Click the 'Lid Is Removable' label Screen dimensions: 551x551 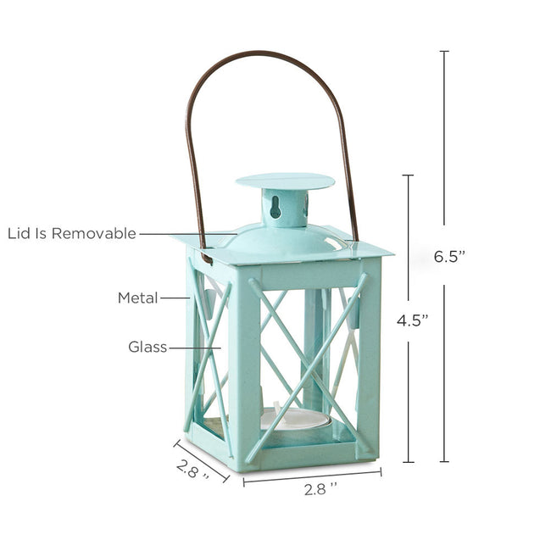[x=72, y=233]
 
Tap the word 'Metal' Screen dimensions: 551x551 [x=137, y=298]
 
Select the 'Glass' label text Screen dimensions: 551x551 [x=147, y=347]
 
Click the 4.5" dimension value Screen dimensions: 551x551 [x=412, y=320]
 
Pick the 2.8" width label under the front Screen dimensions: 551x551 [x=321, y=489]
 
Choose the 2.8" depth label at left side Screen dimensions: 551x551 [x=193, y=468]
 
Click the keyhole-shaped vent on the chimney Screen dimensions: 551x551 [x=275, y=206]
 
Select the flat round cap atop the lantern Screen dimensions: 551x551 [x=284, y=181]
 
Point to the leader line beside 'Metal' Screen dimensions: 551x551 [x=174, y=298]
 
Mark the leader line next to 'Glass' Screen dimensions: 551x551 [x=193, y=347]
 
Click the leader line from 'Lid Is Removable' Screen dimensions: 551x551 [x=186, y=233]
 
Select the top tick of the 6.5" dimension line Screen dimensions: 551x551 [x=444, y=52]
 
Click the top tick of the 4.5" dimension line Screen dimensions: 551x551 [x=408, y=175]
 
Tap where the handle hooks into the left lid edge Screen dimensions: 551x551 [x=205, y=257]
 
